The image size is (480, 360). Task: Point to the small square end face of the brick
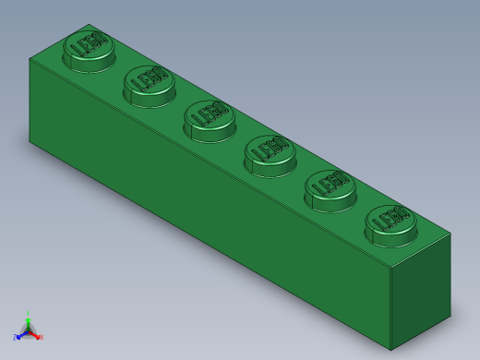[421, 291]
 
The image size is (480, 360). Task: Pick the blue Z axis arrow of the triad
[21, 335]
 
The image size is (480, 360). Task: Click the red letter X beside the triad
[41, 337]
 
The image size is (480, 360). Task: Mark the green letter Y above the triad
[28, 314]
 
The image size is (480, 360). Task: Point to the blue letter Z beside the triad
[15, 338]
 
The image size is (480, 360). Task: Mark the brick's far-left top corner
[30, 58]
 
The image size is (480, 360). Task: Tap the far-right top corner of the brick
[450, 234]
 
